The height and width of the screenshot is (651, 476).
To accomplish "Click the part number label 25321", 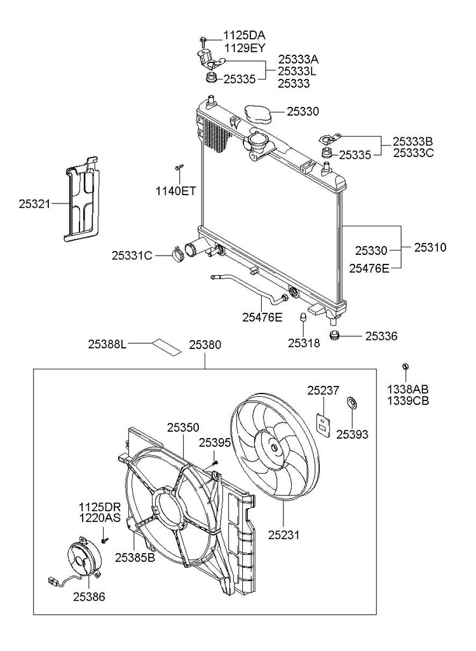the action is [34, 204].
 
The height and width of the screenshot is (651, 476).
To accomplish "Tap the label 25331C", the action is [132, 256].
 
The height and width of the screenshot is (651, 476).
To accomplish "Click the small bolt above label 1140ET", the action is [180, 167].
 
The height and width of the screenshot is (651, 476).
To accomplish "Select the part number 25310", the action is [430, 247].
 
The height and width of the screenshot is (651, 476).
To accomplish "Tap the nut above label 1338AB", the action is [405, 366].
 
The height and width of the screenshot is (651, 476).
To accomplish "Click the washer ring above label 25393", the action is [352, 402].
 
